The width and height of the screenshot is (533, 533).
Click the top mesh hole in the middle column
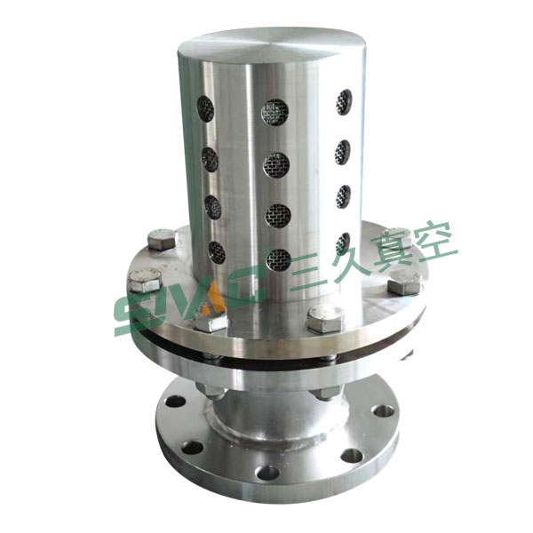point(274,112)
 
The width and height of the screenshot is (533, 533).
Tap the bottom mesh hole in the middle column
point(278,260)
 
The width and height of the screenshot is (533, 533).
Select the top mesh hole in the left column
point(205,108)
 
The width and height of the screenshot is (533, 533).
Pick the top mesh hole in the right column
point(344,102)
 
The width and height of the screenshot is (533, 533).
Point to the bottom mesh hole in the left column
point(217,252)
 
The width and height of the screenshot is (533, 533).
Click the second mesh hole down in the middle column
point(276,165)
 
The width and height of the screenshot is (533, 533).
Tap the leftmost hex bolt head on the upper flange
point(145,280)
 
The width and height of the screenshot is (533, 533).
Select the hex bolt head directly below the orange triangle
point(211,322)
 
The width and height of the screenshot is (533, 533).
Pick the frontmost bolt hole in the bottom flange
point(267,473)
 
